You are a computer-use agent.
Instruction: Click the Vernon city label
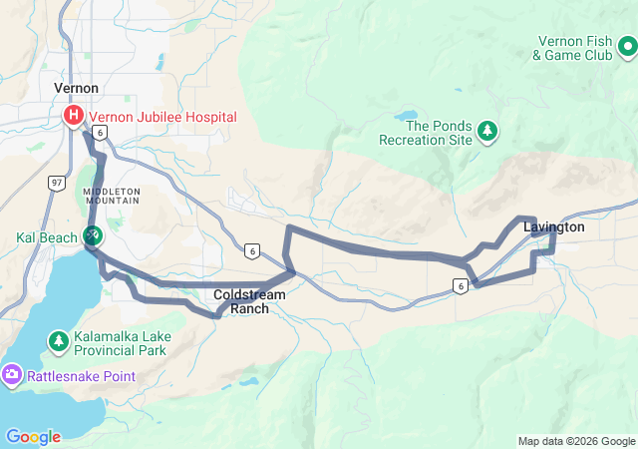(76, 88)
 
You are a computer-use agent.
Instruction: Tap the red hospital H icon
(74, 117)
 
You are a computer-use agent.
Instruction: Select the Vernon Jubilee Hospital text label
(162, 117)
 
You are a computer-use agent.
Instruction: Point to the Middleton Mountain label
(111, 196)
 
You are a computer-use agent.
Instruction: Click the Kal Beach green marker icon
(92, 235)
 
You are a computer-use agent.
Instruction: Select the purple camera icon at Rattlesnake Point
(12, 376)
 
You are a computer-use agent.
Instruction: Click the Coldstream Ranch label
(250, 301)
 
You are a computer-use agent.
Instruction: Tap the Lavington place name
(553, 227)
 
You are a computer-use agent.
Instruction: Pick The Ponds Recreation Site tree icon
(487, 131)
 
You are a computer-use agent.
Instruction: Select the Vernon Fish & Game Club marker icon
(626, 46)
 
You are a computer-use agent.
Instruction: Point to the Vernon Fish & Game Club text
(572, 47)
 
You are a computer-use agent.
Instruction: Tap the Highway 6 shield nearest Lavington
(460, 286)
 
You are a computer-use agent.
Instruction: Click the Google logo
(33, 437)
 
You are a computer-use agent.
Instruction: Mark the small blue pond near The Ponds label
(410, 116)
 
